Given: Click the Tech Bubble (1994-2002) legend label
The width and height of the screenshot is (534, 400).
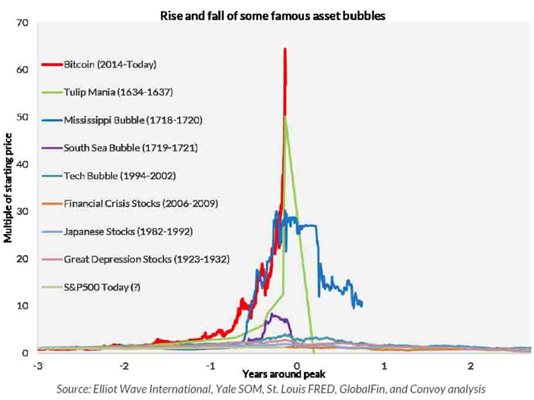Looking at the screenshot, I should [x=114, y=175].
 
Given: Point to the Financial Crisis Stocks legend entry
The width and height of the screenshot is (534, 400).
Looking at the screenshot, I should [x=134, y=203].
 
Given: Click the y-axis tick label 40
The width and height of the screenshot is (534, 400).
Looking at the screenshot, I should [x=21, y=164].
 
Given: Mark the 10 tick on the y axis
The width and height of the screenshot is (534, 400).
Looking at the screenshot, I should [x=21, y=305].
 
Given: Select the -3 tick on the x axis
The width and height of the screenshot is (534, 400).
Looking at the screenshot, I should [x=36, y=367].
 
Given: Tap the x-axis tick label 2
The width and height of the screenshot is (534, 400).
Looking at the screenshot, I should [x=470, y=367].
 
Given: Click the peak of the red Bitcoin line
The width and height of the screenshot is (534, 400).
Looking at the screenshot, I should [x=285, y=49].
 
